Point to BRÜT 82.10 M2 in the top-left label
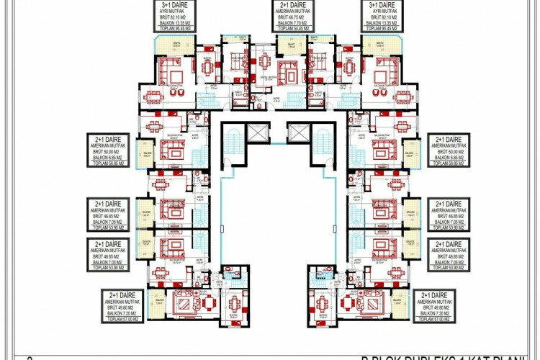[174, 17]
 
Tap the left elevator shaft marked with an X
[256, 132]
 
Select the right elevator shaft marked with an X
[297, 132]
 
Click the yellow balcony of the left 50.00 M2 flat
[147, 153]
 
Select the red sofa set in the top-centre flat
[289, 72]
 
